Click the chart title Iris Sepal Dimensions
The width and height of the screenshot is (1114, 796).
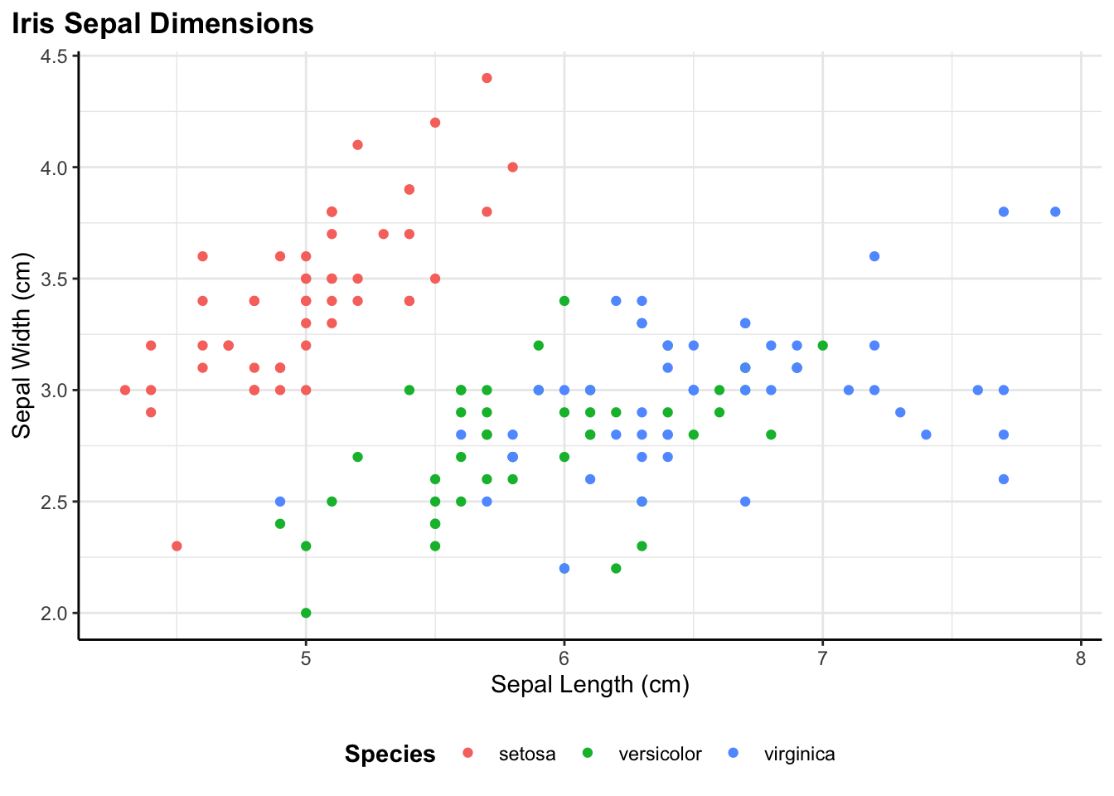162,24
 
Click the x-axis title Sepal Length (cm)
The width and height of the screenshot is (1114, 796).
590,684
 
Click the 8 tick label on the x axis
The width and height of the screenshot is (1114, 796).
1081,658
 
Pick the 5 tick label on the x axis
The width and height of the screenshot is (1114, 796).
306,658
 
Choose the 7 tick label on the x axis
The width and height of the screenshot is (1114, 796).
822,658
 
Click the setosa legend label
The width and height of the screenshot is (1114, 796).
527,754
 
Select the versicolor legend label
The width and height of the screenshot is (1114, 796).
660,754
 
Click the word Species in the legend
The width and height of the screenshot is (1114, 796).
390,754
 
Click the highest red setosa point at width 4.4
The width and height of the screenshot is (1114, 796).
487,78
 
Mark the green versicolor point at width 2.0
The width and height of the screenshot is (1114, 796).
306,613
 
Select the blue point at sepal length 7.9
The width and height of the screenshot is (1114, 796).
1055,211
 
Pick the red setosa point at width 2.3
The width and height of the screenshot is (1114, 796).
177,546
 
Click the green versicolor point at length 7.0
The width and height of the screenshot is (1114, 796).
822,345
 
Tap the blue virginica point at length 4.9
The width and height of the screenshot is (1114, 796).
280,502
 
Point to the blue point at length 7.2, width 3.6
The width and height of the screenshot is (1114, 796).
874,256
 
